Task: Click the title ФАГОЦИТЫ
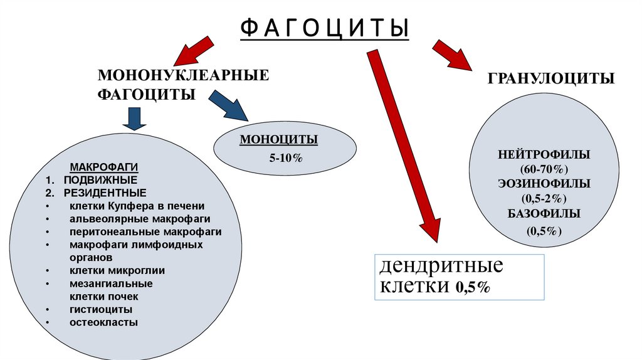(325, 28)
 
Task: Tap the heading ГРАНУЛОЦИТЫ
(551, 78)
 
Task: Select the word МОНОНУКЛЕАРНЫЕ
(182, 76)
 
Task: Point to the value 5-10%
(286, 159)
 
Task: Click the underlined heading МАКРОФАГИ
(103, 168)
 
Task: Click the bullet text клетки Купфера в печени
(137, 206)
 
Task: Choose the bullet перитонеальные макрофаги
(145, 231)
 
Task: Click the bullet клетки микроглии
(117, 270)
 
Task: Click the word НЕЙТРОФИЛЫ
(544, 154)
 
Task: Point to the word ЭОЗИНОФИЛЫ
(544, 184)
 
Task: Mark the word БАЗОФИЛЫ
(544, 213)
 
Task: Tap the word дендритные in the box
(441, 266)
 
